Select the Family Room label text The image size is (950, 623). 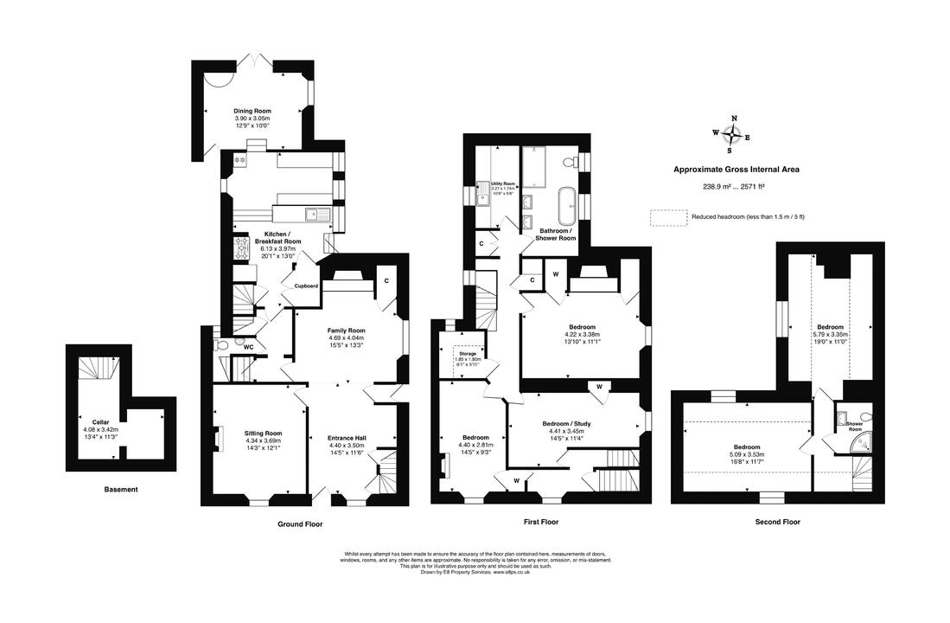click(346, 331)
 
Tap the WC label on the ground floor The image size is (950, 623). click(248, 348)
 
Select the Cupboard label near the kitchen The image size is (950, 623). click(307, 286)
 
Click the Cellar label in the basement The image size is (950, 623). click(100, 421)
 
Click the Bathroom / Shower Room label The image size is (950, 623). click(558, 234)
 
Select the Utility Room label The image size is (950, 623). click(503, 184)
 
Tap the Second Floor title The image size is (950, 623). click(777, 522)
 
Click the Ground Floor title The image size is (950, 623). click(300, 523)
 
